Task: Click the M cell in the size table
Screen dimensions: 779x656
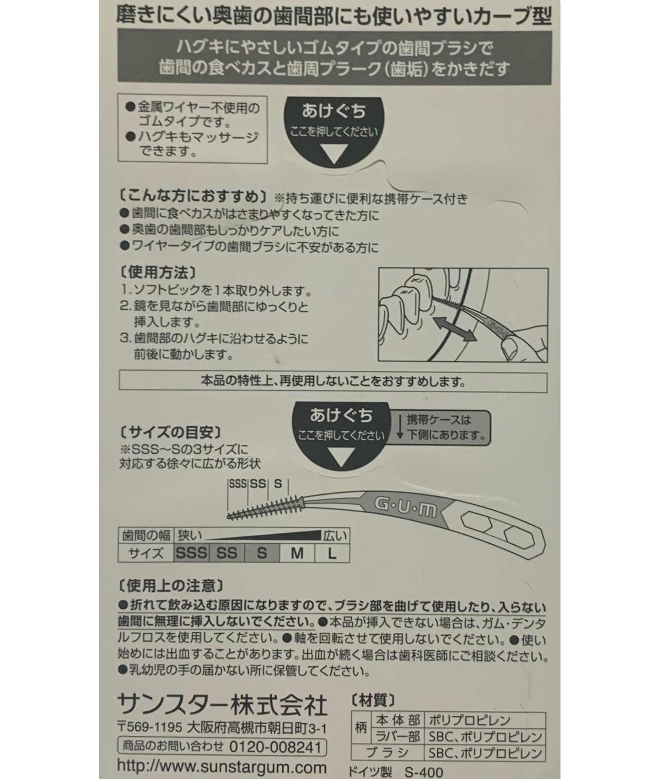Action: [297, 553]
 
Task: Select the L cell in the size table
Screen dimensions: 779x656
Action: [332, 553]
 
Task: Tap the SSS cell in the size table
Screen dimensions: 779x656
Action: [192, 553]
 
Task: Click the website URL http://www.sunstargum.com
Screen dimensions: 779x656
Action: [222, 767]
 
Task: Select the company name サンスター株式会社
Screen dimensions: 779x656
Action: [223, 705]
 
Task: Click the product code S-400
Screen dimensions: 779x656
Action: [424, 772]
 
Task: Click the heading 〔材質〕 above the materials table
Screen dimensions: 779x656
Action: [373, 701]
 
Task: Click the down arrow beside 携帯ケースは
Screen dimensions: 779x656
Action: [400, 427]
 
